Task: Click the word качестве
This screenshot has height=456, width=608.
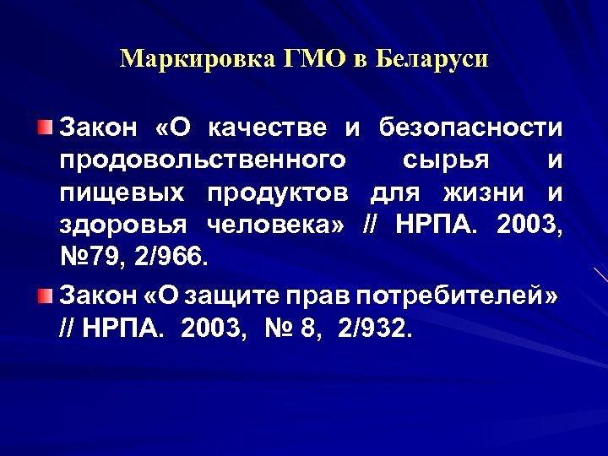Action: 266,128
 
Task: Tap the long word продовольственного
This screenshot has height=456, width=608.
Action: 203,160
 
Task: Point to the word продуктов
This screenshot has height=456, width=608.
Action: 278,193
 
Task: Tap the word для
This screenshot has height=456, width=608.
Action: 396,193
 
